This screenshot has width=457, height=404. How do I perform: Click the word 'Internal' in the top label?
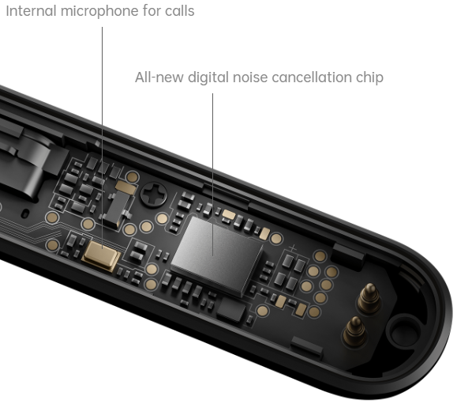pos(31,11)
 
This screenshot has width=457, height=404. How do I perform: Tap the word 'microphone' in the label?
pos(99,12)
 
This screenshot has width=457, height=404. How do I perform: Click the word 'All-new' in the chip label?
pos(159,77)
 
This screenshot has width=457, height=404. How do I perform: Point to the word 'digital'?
pos(208,78)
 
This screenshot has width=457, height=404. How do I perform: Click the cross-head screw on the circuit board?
pos(154,194)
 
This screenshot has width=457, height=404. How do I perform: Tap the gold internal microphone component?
pos(102,255)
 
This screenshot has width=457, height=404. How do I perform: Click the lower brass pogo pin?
pos(354,331)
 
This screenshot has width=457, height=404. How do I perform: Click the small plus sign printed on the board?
pos(293,249)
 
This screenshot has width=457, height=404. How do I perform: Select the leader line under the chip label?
pos(212,175)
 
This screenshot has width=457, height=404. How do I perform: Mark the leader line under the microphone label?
pos(102,138)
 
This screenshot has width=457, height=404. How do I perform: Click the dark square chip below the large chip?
pos(231,309)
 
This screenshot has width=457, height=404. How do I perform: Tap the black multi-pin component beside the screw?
pos(117,209)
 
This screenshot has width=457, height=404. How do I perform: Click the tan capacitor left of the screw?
pos(125,187)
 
